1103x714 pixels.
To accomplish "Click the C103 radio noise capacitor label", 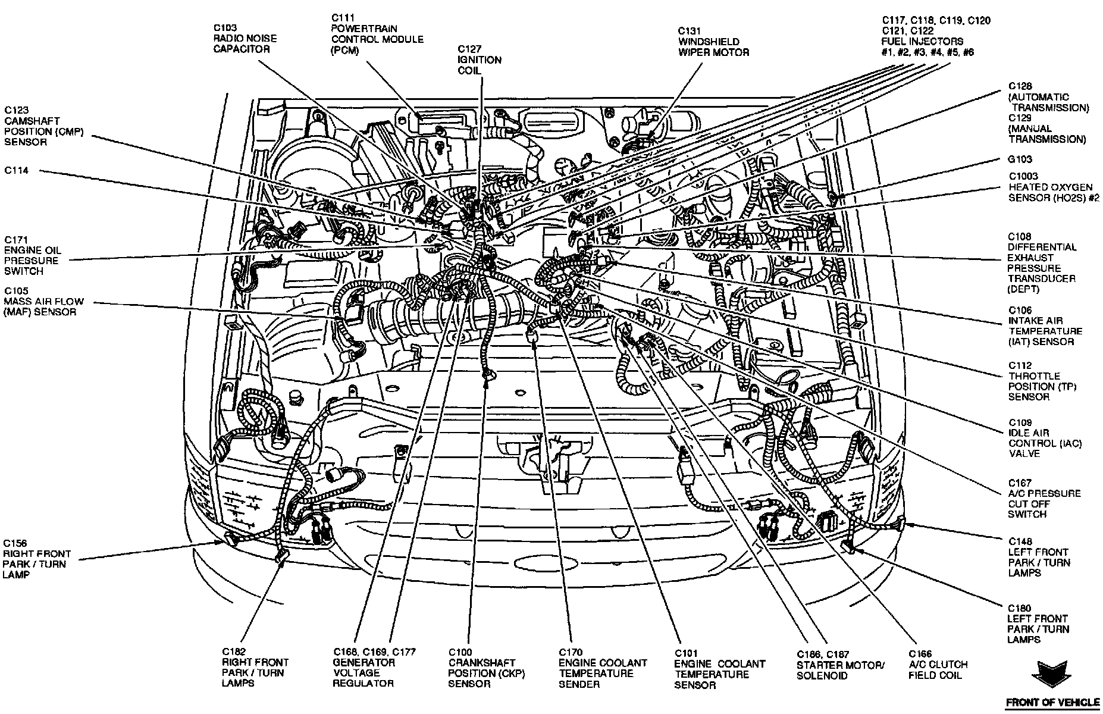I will [245, 39].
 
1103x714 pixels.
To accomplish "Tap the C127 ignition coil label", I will [479, 59].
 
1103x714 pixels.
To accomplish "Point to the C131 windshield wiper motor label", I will [713, 42].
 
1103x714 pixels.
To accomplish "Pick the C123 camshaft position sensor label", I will [43, 126].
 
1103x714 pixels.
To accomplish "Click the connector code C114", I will [17, 171].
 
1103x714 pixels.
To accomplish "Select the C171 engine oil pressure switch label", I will [32, 255].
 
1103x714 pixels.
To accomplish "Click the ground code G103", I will [1020, 159].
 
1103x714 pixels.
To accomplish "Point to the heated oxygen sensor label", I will [1053, 187].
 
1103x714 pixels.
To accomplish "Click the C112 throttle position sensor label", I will [1042, 381].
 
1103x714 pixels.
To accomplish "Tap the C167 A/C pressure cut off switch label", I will [1044, 499].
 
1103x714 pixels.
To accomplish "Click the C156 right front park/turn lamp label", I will [36, 559].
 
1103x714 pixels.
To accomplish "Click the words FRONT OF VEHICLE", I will [1052, 703].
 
